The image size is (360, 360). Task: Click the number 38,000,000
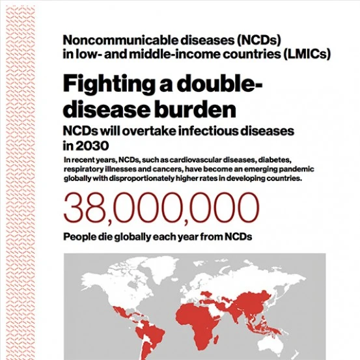click(x=160, y=208)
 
